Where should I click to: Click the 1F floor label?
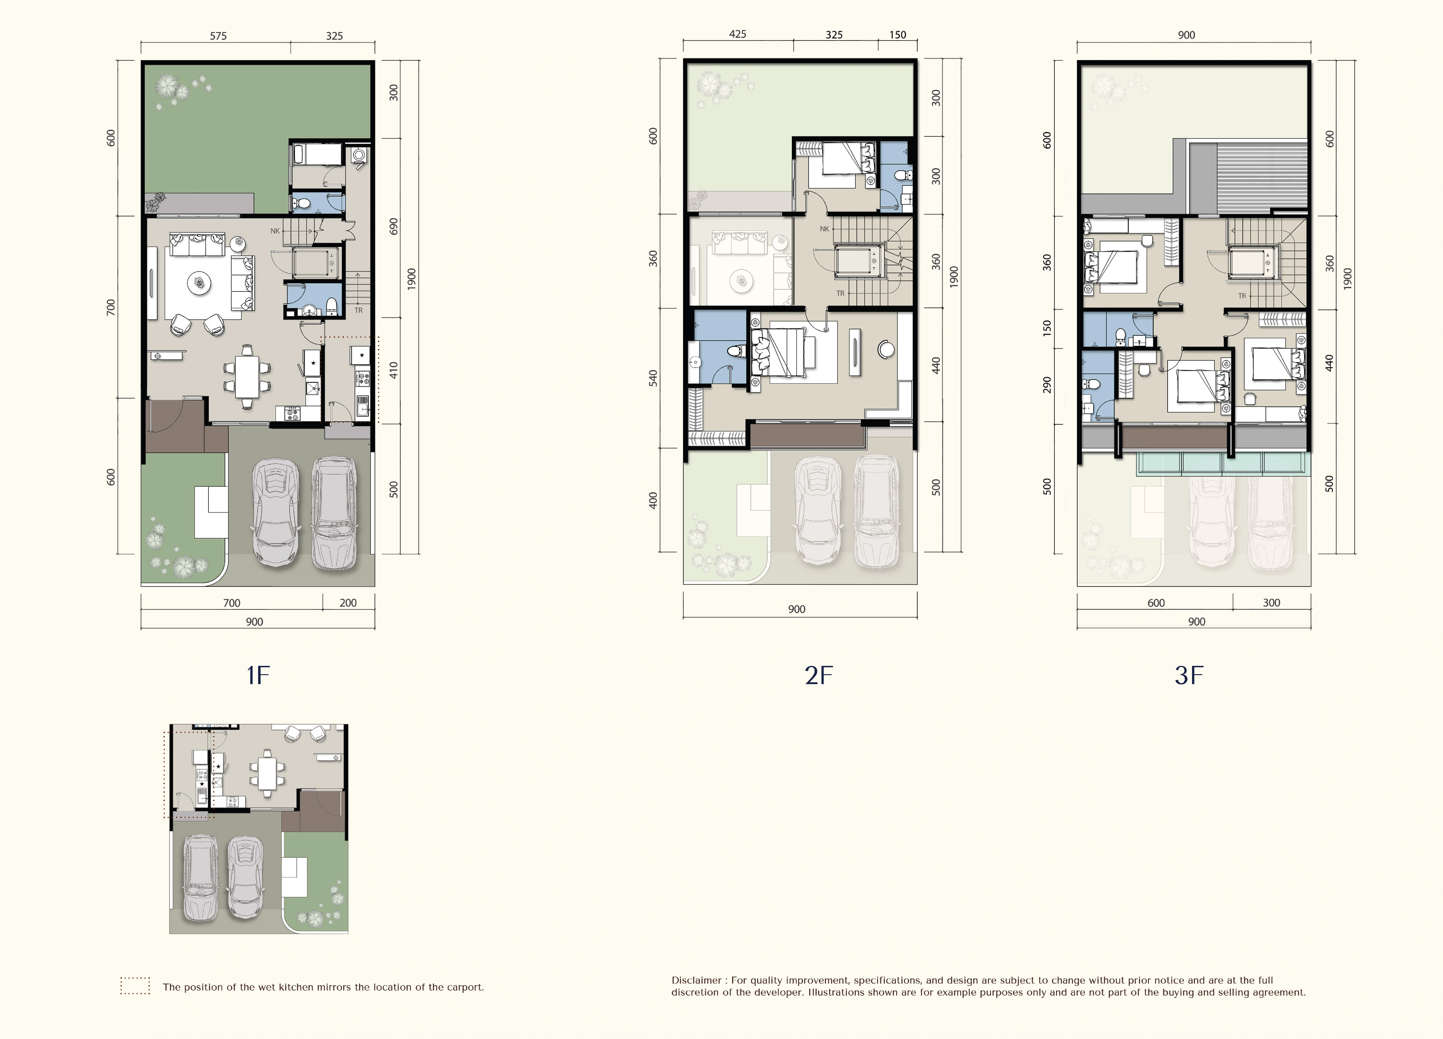click(x=258, y=675)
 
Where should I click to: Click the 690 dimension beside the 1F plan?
click(x=394, y=227)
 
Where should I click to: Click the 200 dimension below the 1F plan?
click(x=348, y=603)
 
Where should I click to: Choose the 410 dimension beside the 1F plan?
click(x=394, y=370)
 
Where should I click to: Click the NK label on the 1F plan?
click(x=275, y=231)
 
